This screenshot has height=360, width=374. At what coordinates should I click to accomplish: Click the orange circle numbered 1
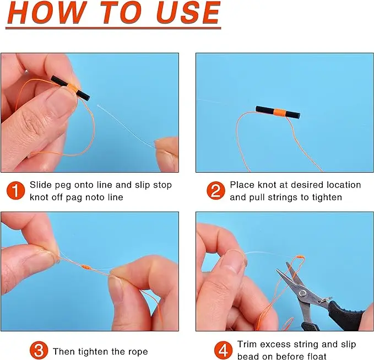click(15, 191)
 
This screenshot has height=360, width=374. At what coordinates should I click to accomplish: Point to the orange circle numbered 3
click(39, 351)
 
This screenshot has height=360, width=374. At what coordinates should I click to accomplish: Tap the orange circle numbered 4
click(223, 350)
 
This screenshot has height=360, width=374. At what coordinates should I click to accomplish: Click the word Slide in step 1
click(40, 185)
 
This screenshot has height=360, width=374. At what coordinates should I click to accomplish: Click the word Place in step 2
click(242, 185)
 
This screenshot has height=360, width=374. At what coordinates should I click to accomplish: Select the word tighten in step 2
click(326, 197)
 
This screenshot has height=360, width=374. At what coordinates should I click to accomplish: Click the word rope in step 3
click(137, 351)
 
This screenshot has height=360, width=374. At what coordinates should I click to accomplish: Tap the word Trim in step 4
click(247, 345)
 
